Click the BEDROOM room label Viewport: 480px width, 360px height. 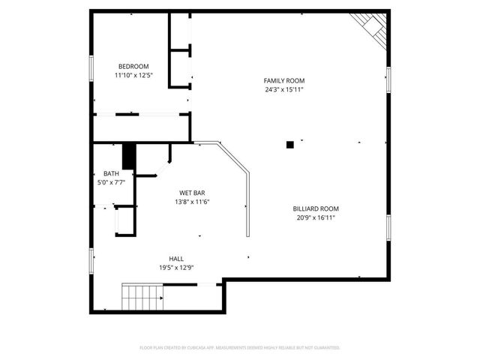pyautogui.click(x=133, y=66)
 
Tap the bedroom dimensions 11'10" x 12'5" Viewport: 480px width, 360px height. pyautogui.click(x=133, y=75)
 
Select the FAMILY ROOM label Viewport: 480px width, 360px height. pyautogui.click(x=283, y=80)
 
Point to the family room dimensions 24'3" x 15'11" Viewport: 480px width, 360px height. pyautogui.click(x=283, y=89)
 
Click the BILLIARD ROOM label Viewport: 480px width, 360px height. pyautogui.click(x=316, y=208)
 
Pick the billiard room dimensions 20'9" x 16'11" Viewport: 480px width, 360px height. pyautogui.click(x=316, y=217)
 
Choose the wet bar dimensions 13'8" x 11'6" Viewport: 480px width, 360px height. pyautogui.click(x=192, y=202)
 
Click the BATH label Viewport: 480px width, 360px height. pyautogui.click(x=111, y=174)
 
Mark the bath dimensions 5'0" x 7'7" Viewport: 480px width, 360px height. pyautogui.click(x=111, y=182)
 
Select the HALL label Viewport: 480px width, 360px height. pyautogui.click(x=175, y=259)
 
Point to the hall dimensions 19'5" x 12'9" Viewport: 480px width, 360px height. pyautogui.click(x=175, y=268)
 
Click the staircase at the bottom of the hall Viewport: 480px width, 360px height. pyautogui.click(x=142, y=297)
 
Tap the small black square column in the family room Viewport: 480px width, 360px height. pyautogui.click(x=289, y=145)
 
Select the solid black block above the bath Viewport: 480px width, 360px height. pyautogui.click(x=129, y=157)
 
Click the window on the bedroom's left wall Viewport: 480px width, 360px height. pyautogui.click(x=91, y=69)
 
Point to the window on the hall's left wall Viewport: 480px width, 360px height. pyautogui.click(x=91, y=259)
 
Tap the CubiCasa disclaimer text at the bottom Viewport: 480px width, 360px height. pyautogui.click(x=240, y=348)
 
